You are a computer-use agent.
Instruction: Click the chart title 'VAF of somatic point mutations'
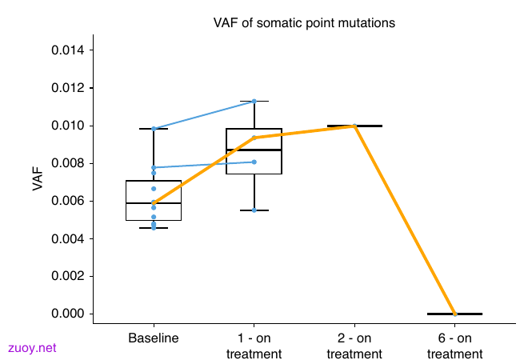pos(304,23)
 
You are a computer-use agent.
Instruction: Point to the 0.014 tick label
pos(68,50)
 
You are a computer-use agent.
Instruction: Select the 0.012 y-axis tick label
pos(68,88)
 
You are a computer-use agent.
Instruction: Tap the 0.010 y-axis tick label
pos(68,126)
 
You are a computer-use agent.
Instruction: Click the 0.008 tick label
pos(68,163)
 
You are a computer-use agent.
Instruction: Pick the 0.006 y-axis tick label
pos(68,201)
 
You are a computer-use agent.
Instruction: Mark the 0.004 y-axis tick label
pos(68,238)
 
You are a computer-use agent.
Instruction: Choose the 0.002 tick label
pos(68,276)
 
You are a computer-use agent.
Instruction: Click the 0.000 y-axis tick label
pos(68,314)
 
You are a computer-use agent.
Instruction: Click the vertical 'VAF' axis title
pos(38,179)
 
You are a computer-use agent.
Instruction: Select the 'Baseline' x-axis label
pos(154,338)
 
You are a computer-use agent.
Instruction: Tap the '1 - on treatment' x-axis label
pos(254,346)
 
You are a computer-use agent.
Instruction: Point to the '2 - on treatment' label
pos(354,346)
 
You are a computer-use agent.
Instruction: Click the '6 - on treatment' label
pos(455,346)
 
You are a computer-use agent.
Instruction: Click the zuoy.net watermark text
pos(32,348)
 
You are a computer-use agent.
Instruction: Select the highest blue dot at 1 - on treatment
pos(254,102)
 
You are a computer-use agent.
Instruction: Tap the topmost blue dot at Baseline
pos(154,129)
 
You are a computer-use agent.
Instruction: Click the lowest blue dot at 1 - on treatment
pos(254,210)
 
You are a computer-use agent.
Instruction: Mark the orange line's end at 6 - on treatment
pos(455,314)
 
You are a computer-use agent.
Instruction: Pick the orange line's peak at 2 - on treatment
pos(354,126)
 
